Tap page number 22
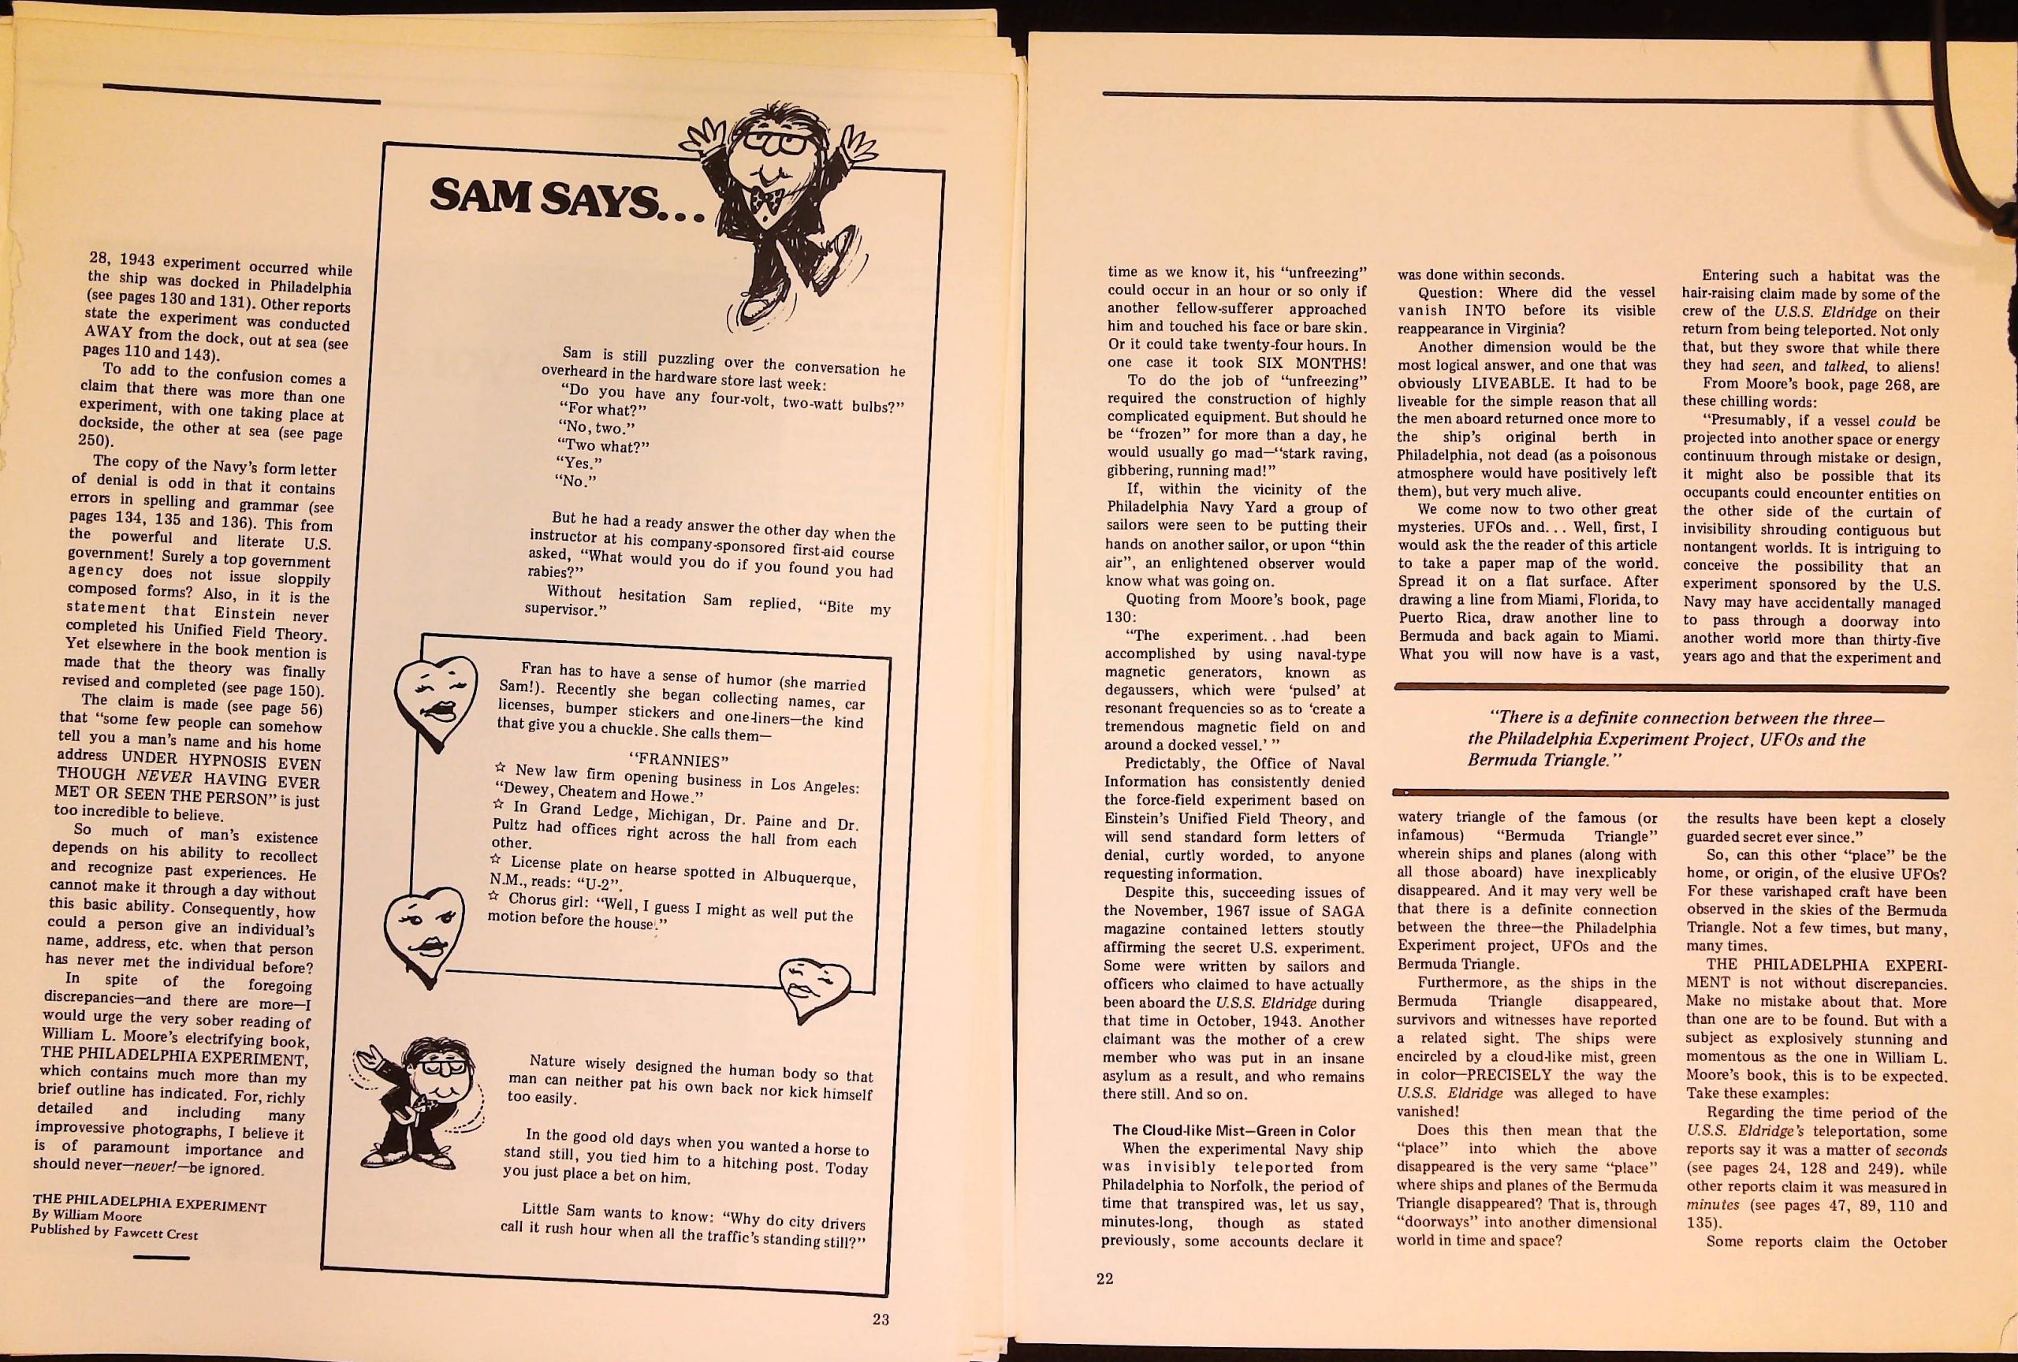pyautogui.click(x=1104, y=1278)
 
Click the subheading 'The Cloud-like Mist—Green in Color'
pyautogui.click(x=1233, y=1130)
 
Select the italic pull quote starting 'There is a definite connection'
pyautogui.click(x=1670, y=739)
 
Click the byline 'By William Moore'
pyautogui.click(x=86, y=1216)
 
